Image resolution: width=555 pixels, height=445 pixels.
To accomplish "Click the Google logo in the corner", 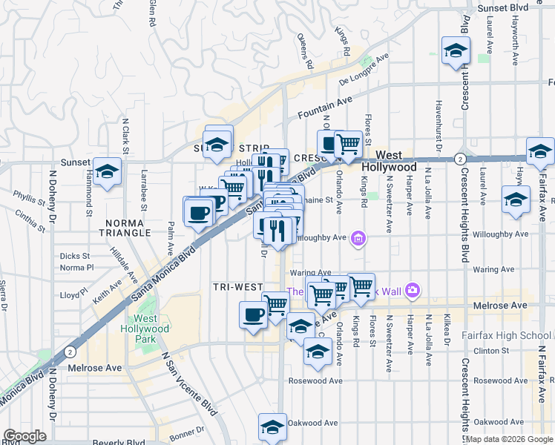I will coord(24,436).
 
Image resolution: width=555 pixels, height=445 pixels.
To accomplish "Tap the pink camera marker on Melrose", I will coord(413,291).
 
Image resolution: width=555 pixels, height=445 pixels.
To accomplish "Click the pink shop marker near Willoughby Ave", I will coord(359,239).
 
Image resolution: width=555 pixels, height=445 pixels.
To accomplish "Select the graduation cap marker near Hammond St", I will coord(108,172).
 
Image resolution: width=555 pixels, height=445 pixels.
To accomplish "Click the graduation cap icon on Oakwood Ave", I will coord(272,428).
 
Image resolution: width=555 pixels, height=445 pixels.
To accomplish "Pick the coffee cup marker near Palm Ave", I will coord(198,214).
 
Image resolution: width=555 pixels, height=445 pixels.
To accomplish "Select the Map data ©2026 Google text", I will coord(509,439).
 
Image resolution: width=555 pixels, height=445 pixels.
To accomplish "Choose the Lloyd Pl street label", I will coord(74,294).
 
